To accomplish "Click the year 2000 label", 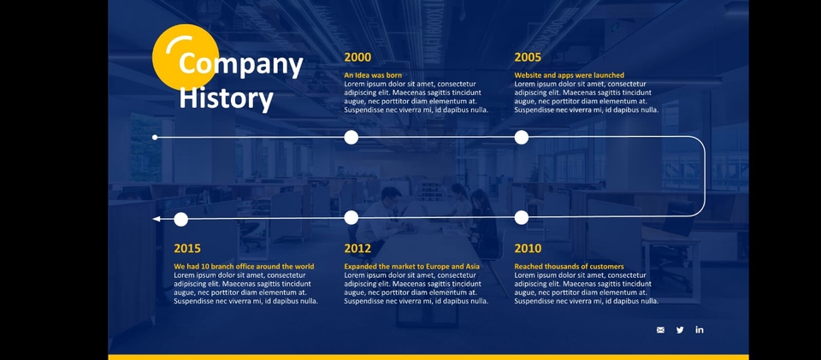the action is coord(357,57).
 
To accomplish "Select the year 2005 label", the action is coord(528,57).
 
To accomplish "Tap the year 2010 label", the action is coord(528,249).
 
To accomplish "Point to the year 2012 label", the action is coord(357,249).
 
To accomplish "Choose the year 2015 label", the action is coord(187,249).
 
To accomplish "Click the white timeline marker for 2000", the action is coord(351,138).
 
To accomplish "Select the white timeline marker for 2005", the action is coord(522,138).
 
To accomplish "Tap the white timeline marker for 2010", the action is coord(522,218).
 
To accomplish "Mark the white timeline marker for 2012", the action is coord(351,218).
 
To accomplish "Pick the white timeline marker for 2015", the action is coord(180,219).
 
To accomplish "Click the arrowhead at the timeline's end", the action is coord(156,219).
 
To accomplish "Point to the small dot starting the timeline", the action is coord(155,138).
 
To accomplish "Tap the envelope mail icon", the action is coord(660,330).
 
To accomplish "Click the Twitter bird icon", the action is coord(680,330).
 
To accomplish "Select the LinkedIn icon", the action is coord(700,330).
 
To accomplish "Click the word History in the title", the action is coord(226,97).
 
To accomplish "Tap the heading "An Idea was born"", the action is coord(373,75).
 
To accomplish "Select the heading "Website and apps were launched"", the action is coord(570,75).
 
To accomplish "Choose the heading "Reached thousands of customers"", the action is coord(570,267).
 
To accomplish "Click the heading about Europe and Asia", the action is coord(412,267).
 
